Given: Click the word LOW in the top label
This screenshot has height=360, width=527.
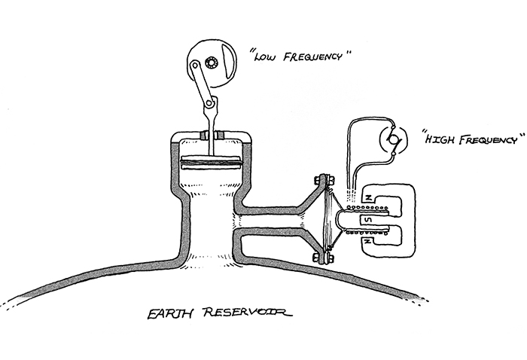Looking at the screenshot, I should tap(266, 56).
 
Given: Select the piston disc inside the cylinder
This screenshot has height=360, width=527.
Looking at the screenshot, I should tap(212, 160).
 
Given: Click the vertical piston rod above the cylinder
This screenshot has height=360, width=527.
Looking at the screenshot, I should tap(212, 121).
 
